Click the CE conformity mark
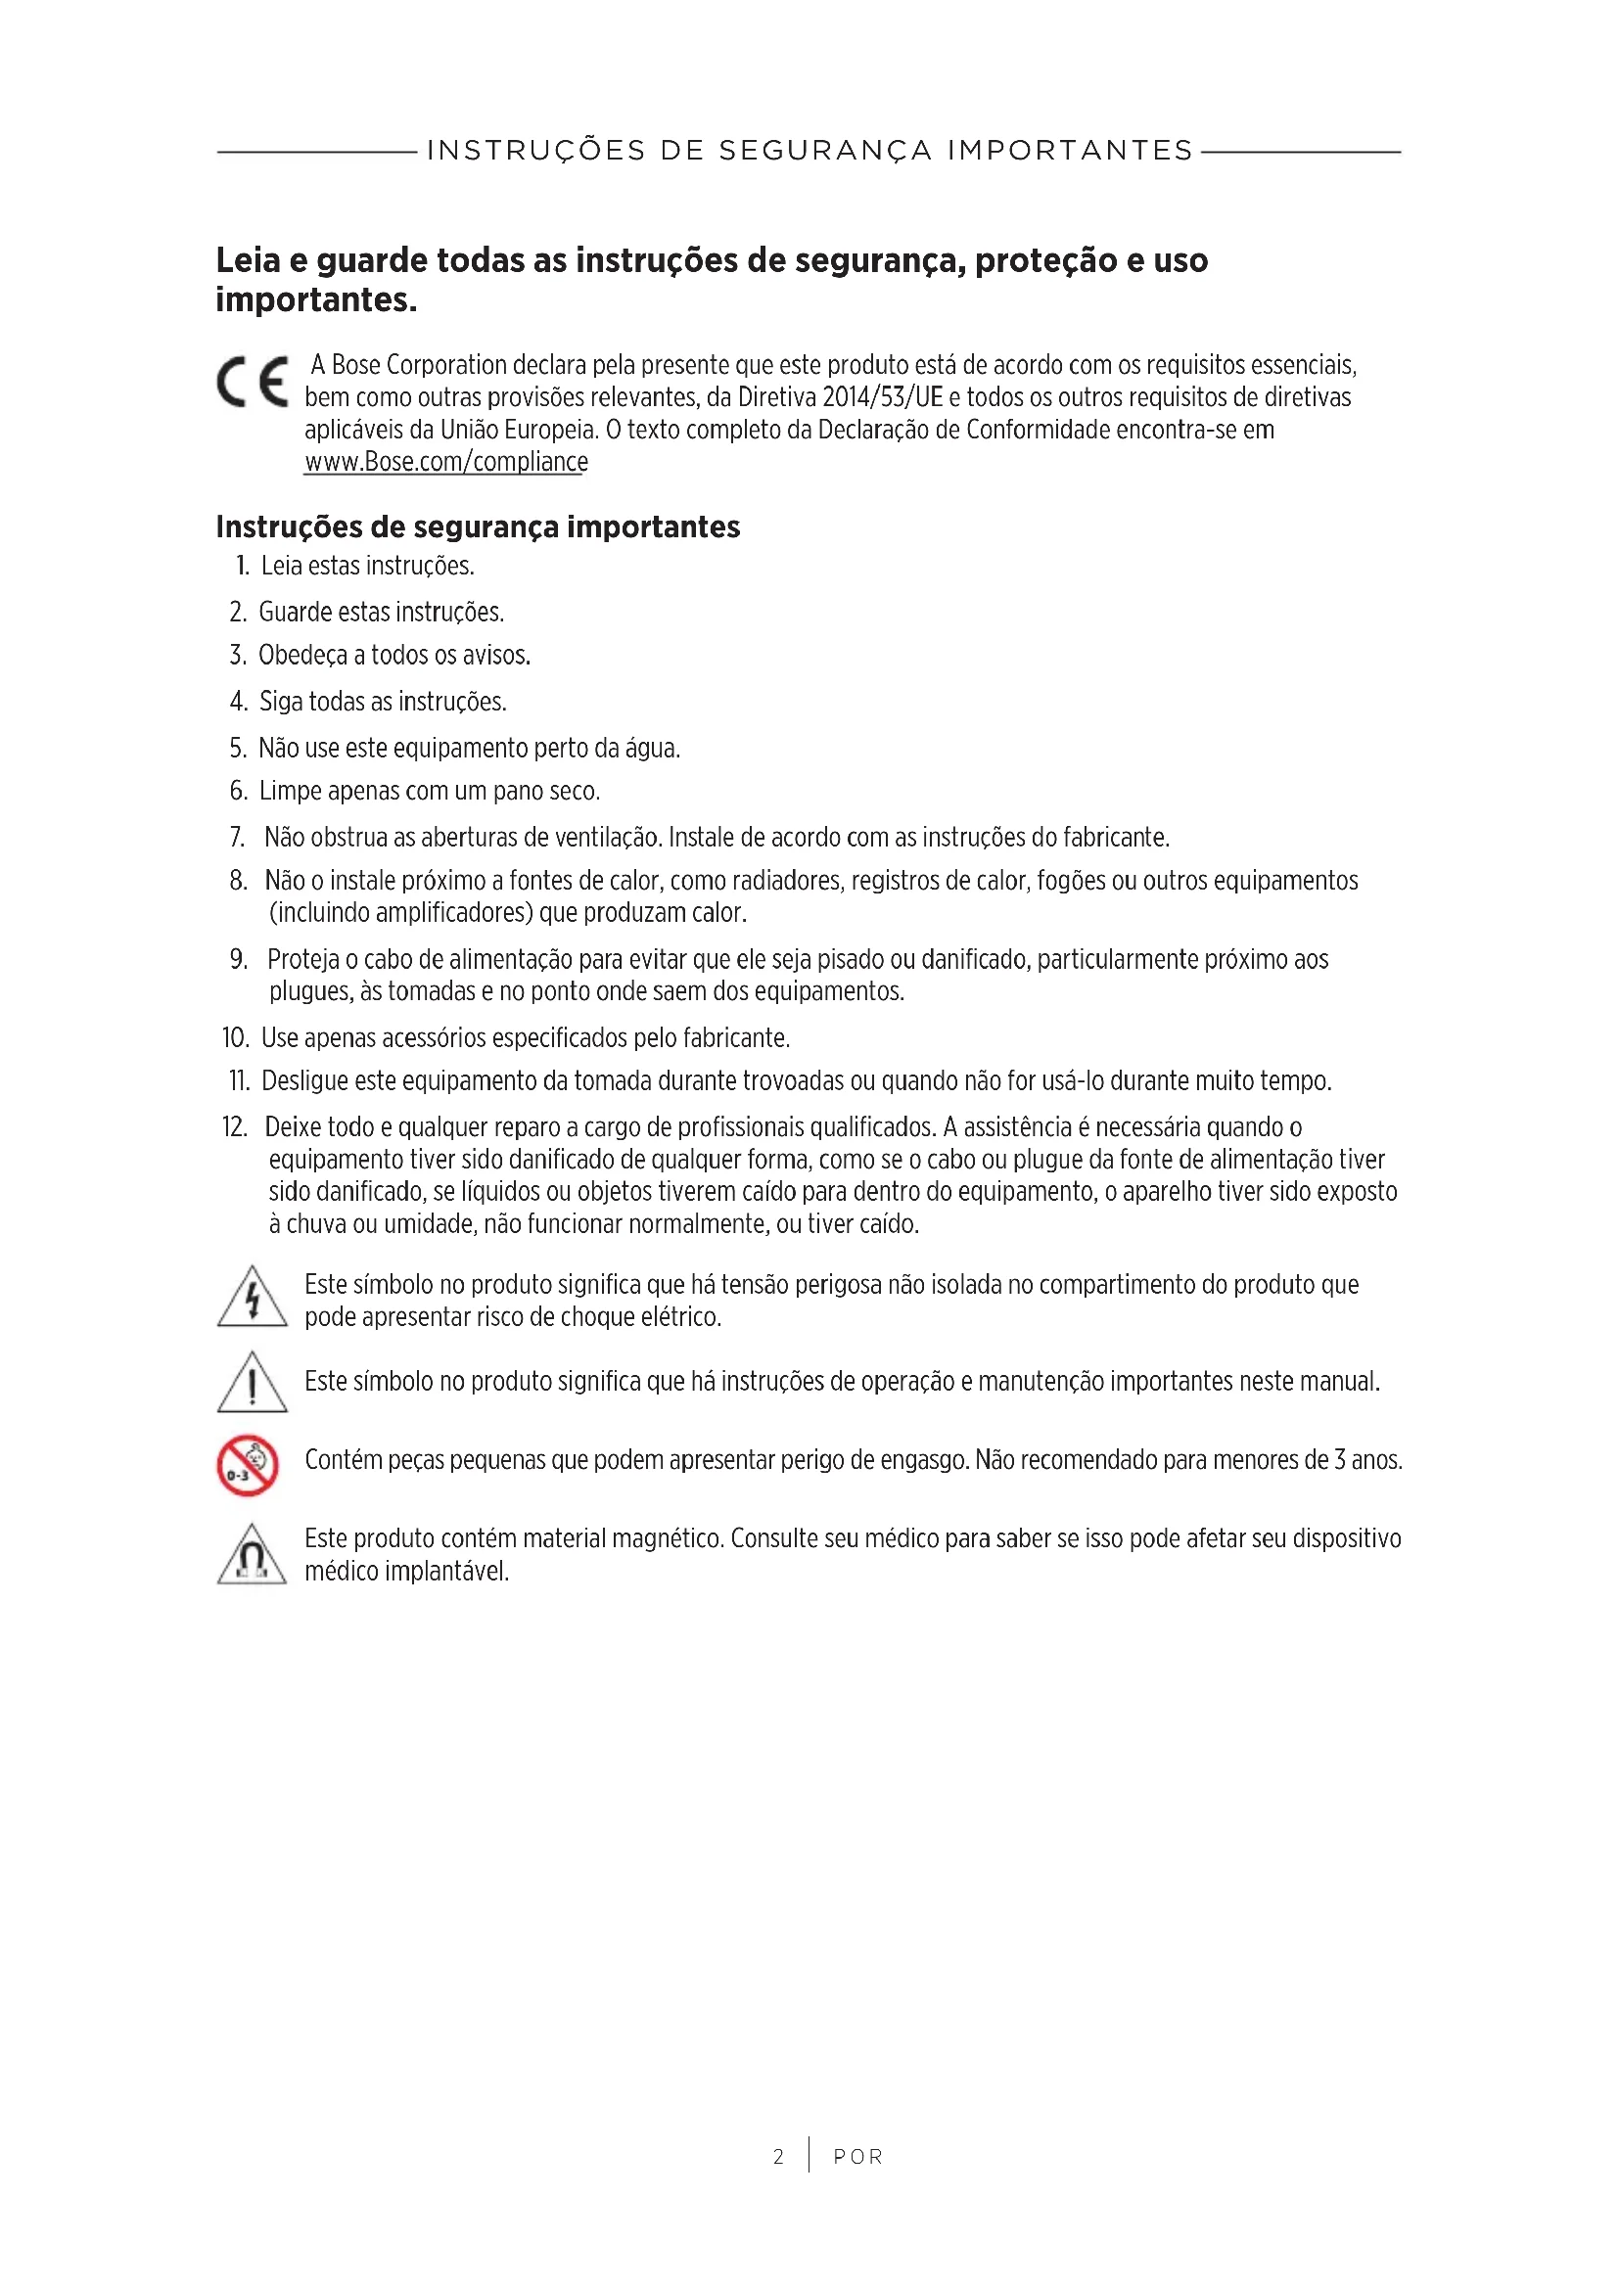click(253, 382)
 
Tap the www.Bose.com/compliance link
click(445, 463)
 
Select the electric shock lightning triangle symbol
click(253, 1298)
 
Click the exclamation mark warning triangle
click(253, 1383)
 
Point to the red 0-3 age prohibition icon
click(248, 1466)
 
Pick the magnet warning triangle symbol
click(253, 1555)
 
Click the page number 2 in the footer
click(778, 2157)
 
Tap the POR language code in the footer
click(858, 2157)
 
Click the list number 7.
click(237, 838)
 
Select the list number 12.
click(234, 1127)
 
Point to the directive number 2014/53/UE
click(881, 397)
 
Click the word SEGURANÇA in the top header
click(825, 151)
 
